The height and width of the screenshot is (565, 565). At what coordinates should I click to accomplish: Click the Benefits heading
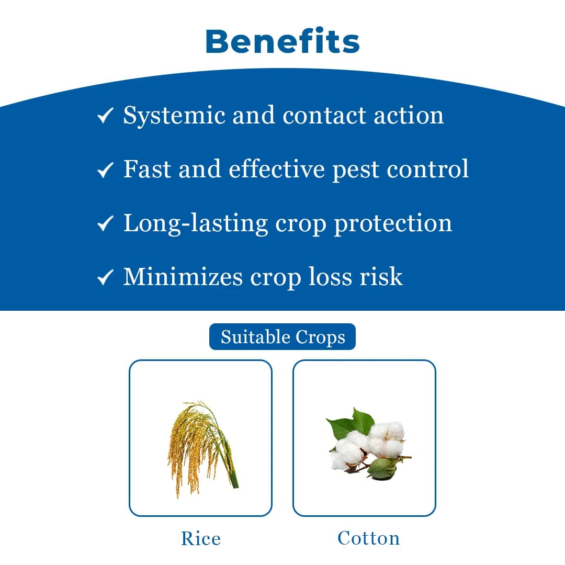(282, 41)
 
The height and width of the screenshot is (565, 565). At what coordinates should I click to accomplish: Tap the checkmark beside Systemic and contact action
(105, 116)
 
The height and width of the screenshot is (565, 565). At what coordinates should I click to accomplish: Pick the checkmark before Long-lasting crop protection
(105, 223)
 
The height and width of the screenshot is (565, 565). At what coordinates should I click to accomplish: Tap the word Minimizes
(183, 277)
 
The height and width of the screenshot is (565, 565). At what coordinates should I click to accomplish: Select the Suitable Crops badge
(282, 337)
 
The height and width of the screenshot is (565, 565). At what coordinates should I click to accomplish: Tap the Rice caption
(201, 538)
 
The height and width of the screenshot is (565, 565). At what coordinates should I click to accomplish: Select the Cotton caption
(368, 538)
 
